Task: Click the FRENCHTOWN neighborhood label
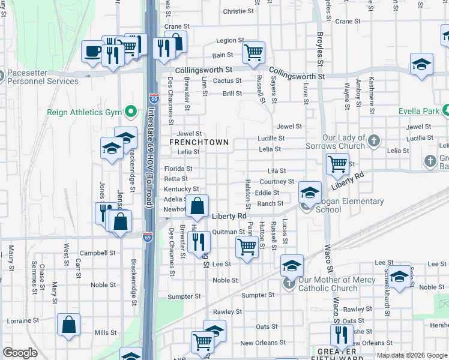[199, 142]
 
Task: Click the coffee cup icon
[93, 52]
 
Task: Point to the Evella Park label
[418, 111]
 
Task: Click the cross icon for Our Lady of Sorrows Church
[374, 141]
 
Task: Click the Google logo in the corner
[20, 353]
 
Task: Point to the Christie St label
[238, 11]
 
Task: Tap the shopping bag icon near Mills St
[69, 325]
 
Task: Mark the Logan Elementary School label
[341, 206]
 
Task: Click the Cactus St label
[228, 80]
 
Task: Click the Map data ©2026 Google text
[411, 355]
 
